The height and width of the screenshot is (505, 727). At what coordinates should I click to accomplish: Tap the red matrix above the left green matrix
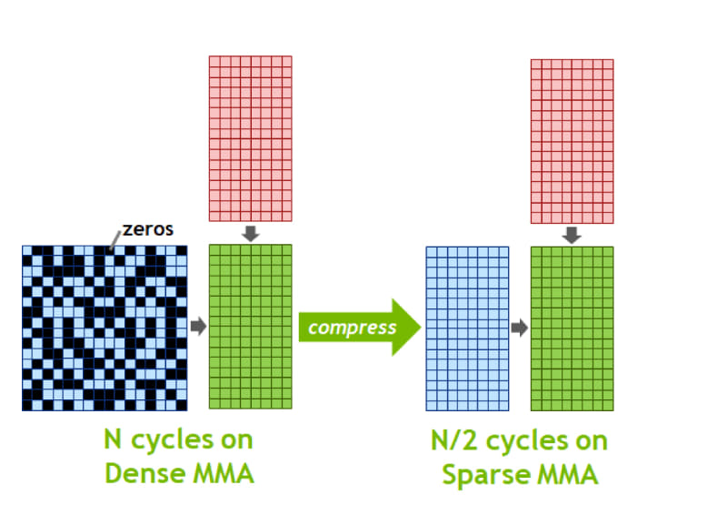(251, 138)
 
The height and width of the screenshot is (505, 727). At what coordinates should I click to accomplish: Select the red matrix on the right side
(572, 141)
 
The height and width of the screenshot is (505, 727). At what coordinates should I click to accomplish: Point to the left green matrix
(251, 327)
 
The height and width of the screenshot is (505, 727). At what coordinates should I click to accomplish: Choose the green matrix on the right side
(572, 328)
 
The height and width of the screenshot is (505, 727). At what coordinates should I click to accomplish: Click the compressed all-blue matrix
(467, 328)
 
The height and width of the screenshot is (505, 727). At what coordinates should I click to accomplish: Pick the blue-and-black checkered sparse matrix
(105, 328)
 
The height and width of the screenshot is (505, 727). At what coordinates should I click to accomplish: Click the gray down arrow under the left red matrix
(251, 234)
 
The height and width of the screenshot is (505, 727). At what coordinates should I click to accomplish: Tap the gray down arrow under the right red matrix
(572, 235)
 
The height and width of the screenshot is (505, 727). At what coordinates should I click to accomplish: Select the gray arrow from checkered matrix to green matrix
(198, 326)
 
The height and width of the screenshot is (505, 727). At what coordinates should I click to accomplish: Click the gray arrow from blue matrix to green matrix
(519, 328)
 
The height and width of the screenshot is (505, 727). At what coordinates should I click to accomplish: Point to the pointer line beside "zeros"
(114, 240)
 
